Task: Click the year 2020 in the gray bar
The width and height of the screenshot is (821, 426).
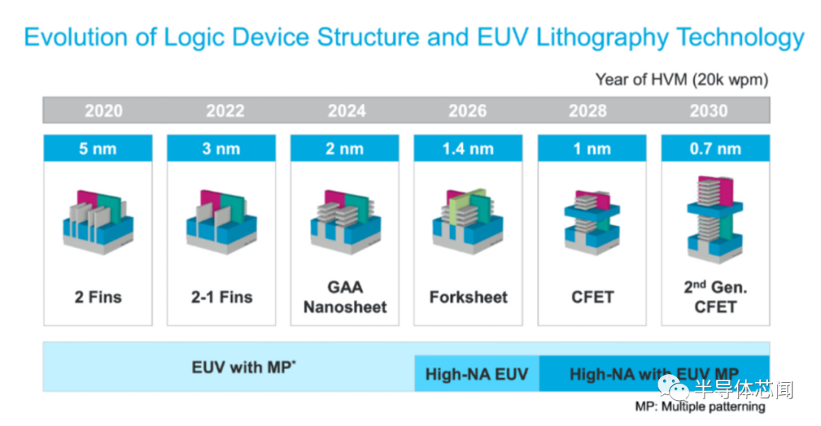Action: tap(103, 110)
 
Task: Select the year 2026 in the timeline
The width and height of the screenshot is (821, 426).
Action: tap(467, 110)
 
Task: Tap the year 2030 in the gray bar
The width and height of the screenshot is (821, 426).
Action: tap(708, 110)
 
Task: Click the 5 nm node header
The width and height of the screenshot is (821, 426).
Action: tap(98, 148)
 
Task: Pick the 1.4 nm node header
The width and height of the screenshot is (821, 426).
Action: tap(468, 148)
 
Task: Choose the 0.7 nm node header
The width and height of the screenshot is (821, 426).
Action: tap(715, 148)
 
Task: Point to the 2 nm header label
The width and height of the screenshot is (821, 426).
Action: tap(344, 148)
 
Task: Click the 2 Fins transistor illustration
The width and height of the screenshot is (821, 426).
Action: tap(98, 222)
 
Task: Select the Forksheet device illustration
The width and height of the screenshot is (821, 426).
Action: tap(468, 221)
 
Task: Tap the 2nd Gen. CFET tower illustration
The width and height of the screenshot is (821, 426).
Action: tap(715, 220)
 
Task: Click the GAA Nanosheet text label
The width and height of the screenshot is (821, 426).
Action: tap(345, 297)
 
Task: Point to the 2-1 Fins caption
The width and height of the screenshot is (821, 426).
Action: tap(221, 297)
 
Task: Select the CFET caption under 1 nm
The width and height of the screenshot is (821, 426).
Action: tap(592, 297)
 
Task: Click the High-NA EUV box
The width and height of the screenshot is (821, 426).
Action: tap(477, 374)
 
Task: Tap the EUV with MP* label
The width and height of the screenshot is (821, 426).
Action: tap(243, 367)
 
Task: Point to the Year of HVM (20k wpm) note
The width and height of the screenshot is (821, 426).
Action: tap(682, 80)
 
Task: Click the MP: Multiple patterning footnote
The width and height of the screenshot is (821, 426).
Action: tap(700, 407)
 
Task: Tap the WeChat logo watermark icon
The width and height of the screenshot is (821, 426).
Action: tap(674, 386)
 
